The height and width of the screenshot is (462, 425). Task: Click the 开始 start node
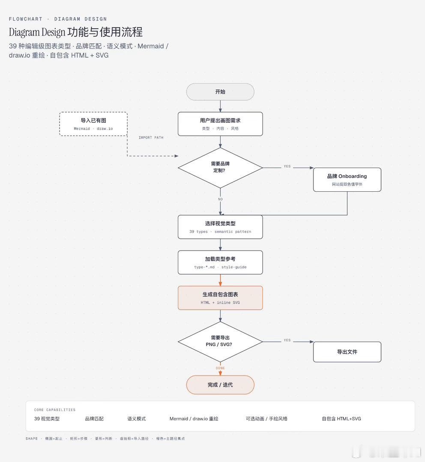coord(220,92)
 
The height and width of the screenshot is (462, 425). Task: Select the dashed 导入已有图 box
coord(93,124)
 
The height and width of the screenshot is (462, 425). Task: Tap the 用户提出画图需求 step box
coord(220,124)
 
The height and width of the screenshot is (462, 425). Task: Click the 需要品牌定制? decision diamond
coord(220,167)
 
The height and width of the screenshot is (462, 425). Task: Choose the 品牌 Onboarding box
coord(347,179)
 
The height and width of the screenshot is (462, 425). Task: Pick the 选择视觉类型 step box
coord(220,227)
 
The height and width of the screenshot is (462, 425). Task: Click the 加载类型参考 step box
coord(220,262)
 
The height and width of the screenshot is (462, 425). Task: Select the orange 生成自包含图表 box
coord(220,298)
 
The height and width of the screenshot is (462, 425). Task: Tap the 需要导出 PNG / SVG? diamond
coord(220,341)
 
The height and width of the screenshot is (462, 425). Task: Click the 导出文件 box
coord(347,352)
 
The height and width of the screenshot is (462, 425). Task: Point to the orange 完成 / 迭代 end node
coord(220,385)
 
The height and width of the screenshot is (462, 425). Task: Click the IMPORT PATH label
coord(151,138)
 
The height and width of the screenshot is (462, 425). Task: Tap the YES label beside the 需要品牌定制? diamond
coord(287,166)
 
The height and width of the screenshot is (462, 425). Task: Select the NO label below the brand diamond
coord(220,199)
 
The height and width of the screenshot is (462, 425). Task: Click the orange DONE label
coord(220,368)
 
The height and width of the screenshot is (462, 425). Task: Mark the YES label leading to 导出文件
coord(287,340)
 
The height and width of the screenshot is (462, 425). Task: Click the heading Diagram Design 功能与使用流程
coord(75,32)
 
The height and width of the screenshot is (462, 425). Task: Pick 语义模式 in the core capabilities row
coord(136,419)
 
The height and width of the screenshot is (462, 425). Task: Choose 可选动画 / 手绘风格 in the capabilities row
coord(266,419)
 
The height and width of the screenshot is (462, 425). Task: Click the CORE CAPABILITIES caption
coord(54,410)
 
